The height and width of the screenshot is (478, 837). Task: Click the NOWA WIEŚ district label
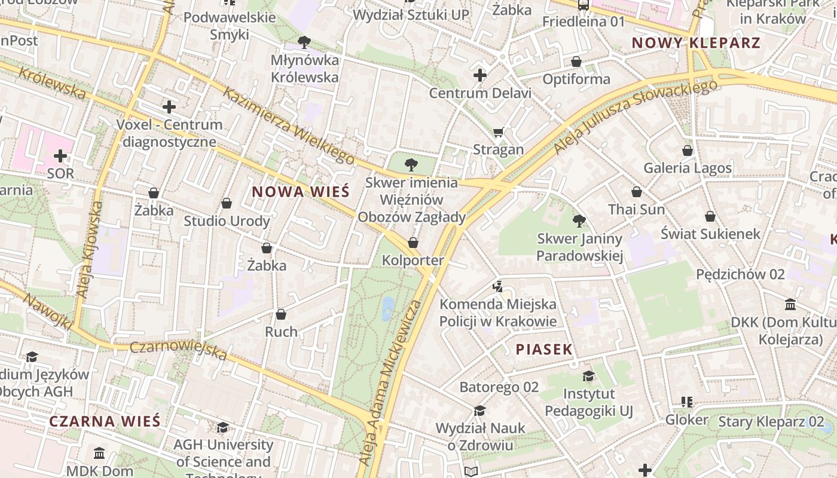click(300, 192)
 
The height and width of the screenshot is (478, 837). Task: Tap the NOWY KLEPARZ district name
click(696, 43)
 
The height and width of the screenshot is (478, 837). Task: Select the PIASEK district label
click(544, 350)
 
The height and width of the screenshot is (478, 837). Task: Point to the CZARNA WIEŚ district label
click(105, 421)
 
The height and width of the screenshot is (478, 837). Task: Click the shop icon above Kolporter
click(413, 243)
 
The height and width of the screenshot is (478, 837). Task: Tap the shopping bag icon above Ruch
click(281, 314)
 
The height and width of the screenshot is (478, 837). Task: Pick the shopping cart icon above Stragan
click(498, 132)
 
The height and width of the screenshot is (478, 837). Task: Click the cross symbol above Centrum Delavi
click(479, 75)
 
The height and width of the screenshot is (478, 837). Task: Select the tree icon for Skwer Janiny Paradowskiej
click(579, 221)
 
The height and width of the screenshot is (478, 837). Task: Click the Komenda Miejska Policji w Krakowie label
click(498, 312)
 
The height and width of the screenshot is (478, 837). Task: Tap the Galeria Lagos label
click(688, 168)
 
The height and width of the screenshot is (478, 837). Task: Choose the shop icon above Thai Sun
click(637, 192)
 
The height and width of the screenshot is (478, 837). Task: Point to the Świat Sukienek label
click(710, 234)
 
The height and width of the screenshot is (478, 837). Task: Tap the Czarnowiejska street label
click(178, 351)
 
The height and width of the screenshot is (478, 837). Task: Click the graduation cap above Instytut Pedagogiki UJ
click(589, 376)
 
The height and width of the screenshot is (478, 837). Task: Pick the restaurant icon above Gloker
click(686, 402)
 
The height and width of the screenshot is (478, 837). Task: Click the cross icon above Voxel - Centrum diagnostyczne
click(169, 107)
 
